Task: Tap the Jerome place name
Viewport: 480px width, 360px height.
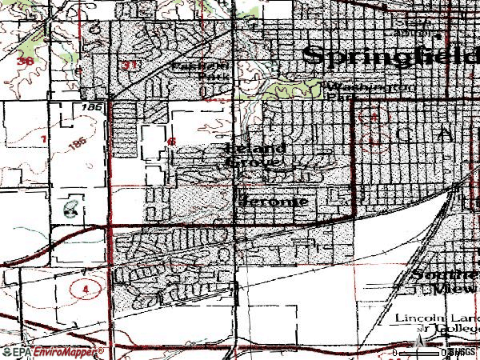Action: point(273,201)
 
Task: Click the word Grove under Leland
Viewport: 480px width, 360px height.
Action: point(251,162)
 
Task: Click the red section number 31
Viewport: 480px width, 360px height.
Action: point(132,65)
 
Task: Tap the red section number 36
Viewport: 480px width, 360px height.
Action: point(26,61)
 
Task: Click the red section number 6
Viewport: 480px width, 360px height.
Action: point(171,141)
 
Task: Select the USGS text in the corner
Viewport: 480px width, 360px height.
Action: point(465,352)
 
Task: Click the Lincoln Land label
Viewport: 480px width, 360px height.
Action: point(437,318)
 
